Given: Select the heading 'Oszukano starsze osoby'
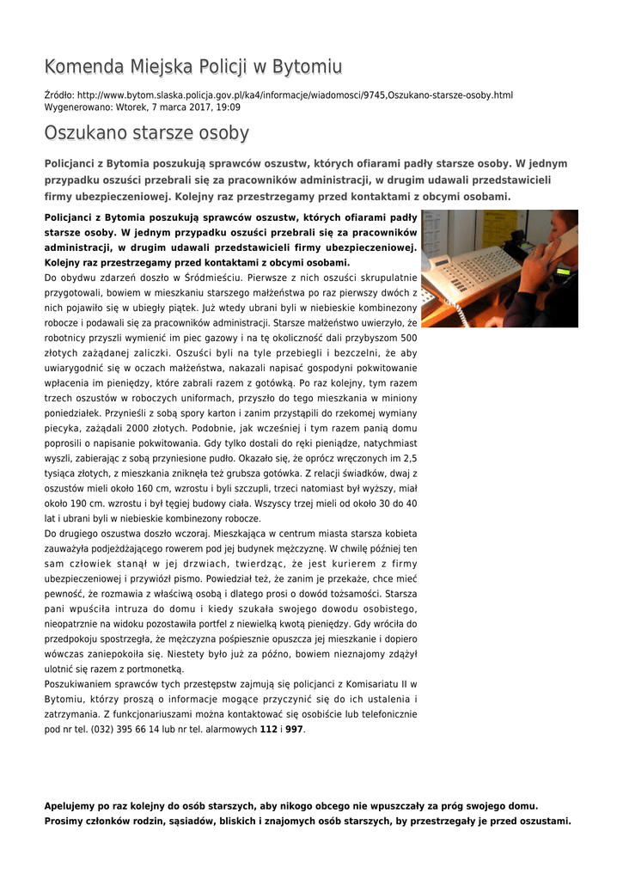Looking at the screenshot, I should pos(147,133).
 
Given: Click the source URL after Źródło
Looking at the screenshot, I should pos(295,95).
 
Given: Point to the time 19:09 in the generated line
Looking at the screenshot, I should pos(228,107).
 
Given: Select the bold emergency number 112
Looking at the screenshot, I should pos(268,730).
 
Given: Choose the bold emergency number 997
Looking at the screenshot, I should pos(294,730).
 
